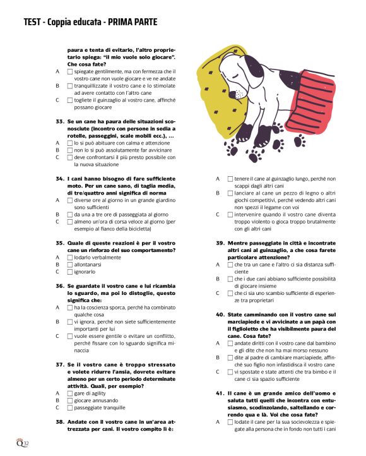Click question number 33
click(61, 120)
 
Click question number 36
click(61, 285)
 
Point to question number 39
click(221, 243)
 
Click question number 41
click(221, 393)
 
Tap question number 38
click(61, 421)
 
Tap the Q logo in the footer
click(20, 441)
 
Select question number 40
click(221, 314)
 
